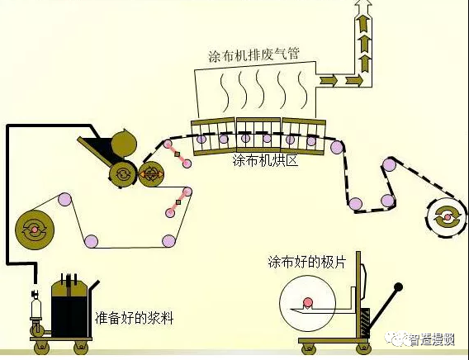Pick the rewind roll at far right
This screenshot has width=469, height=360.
447,217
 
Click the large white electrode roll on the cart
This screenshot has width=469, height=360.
309,301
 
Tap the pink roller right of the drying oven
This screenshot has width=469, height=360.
337,148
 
